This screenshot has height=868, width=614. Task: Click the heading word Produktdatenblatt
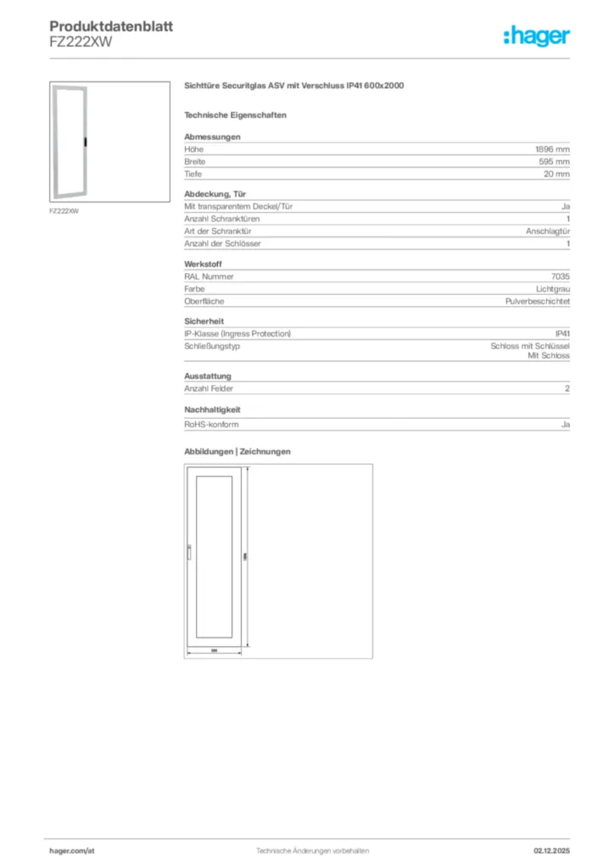(111, 26)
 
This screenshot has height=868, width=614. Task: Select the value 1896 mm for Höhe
(552, 148)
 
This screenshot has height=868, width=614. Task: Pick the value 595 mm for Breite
(555, 161)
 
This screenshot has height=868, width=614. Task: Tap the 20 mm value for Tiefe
(557, 174)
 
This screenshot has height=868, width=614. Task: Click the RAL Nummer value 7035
(560, 276)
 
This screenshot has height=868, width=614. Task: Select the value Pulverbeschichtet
(538, 302)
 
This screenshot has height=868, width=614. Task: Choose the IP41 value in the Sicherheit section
(562, 334)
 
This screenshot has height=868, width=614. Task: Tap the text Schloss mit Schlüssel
(530, 346)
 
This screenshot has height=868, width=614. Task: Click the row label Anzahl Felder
(209, 388)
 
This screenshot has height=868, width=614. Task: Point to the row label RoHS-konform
(208, 421)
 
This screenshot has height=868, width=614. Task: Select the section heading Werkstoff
(202, 264)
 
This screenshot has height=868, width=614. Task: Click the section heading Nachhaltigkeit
(213, 409)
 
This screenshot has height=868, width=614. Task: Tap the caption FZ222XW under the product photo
(64, 211)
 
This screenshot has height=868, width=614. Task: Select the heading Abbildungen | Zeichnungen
(237, 452)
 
